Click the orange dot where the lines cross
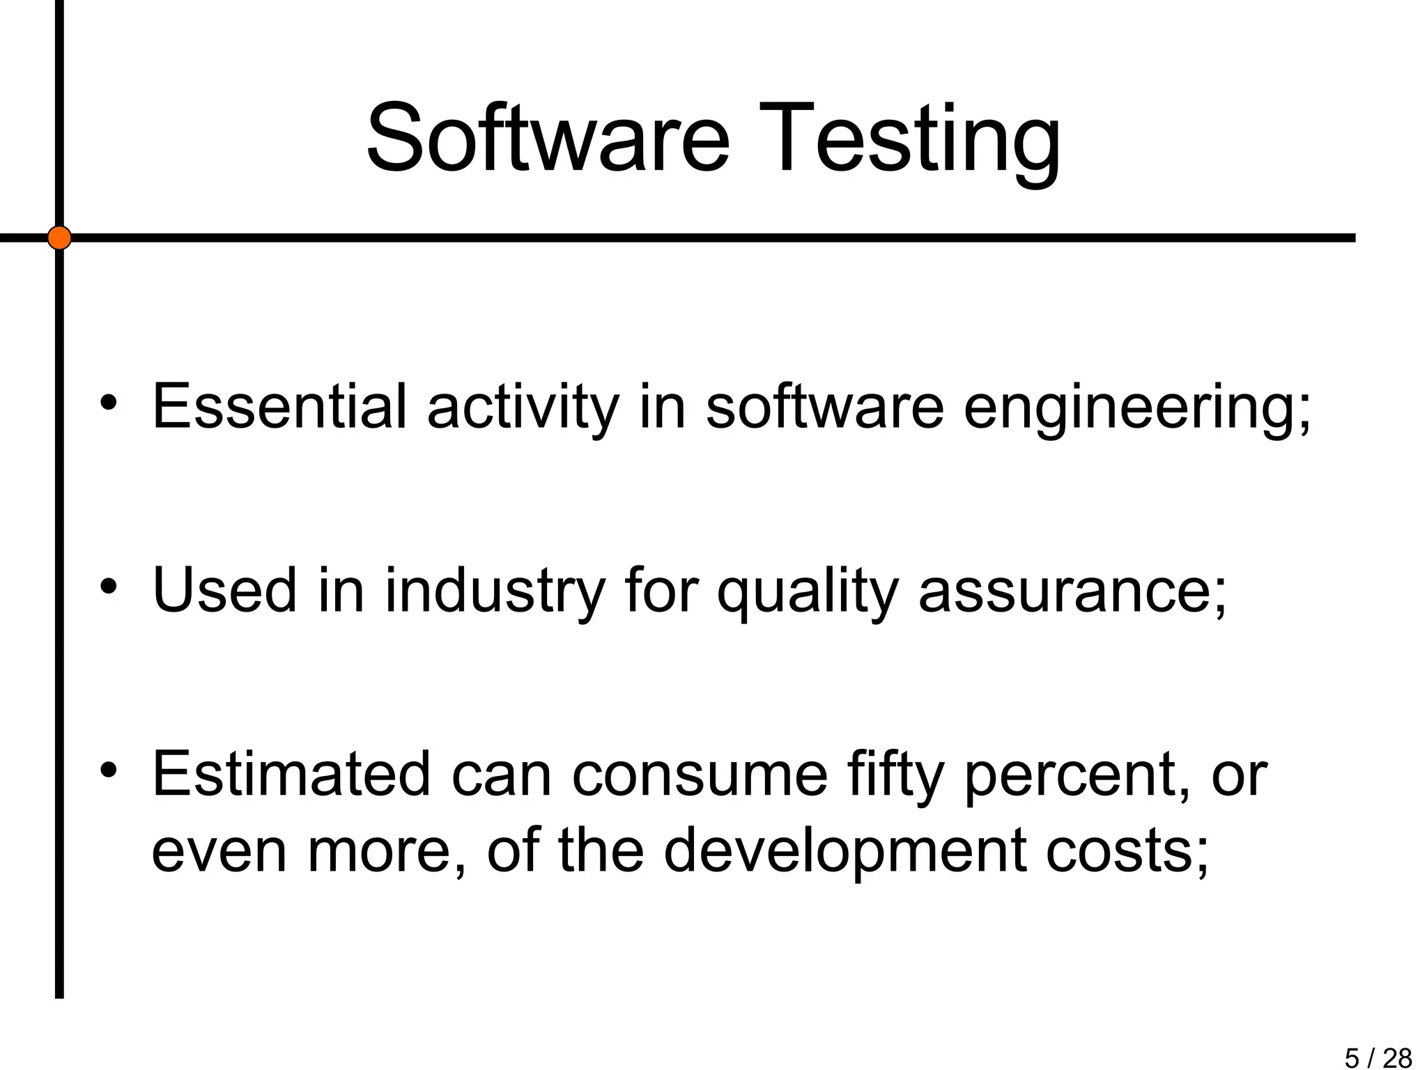click(x=59, y=238)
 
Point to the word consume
click(x=699, y=775)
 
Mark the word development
click(x=844, y=851)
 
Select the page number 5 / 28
click(x=1378, y=1057)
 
